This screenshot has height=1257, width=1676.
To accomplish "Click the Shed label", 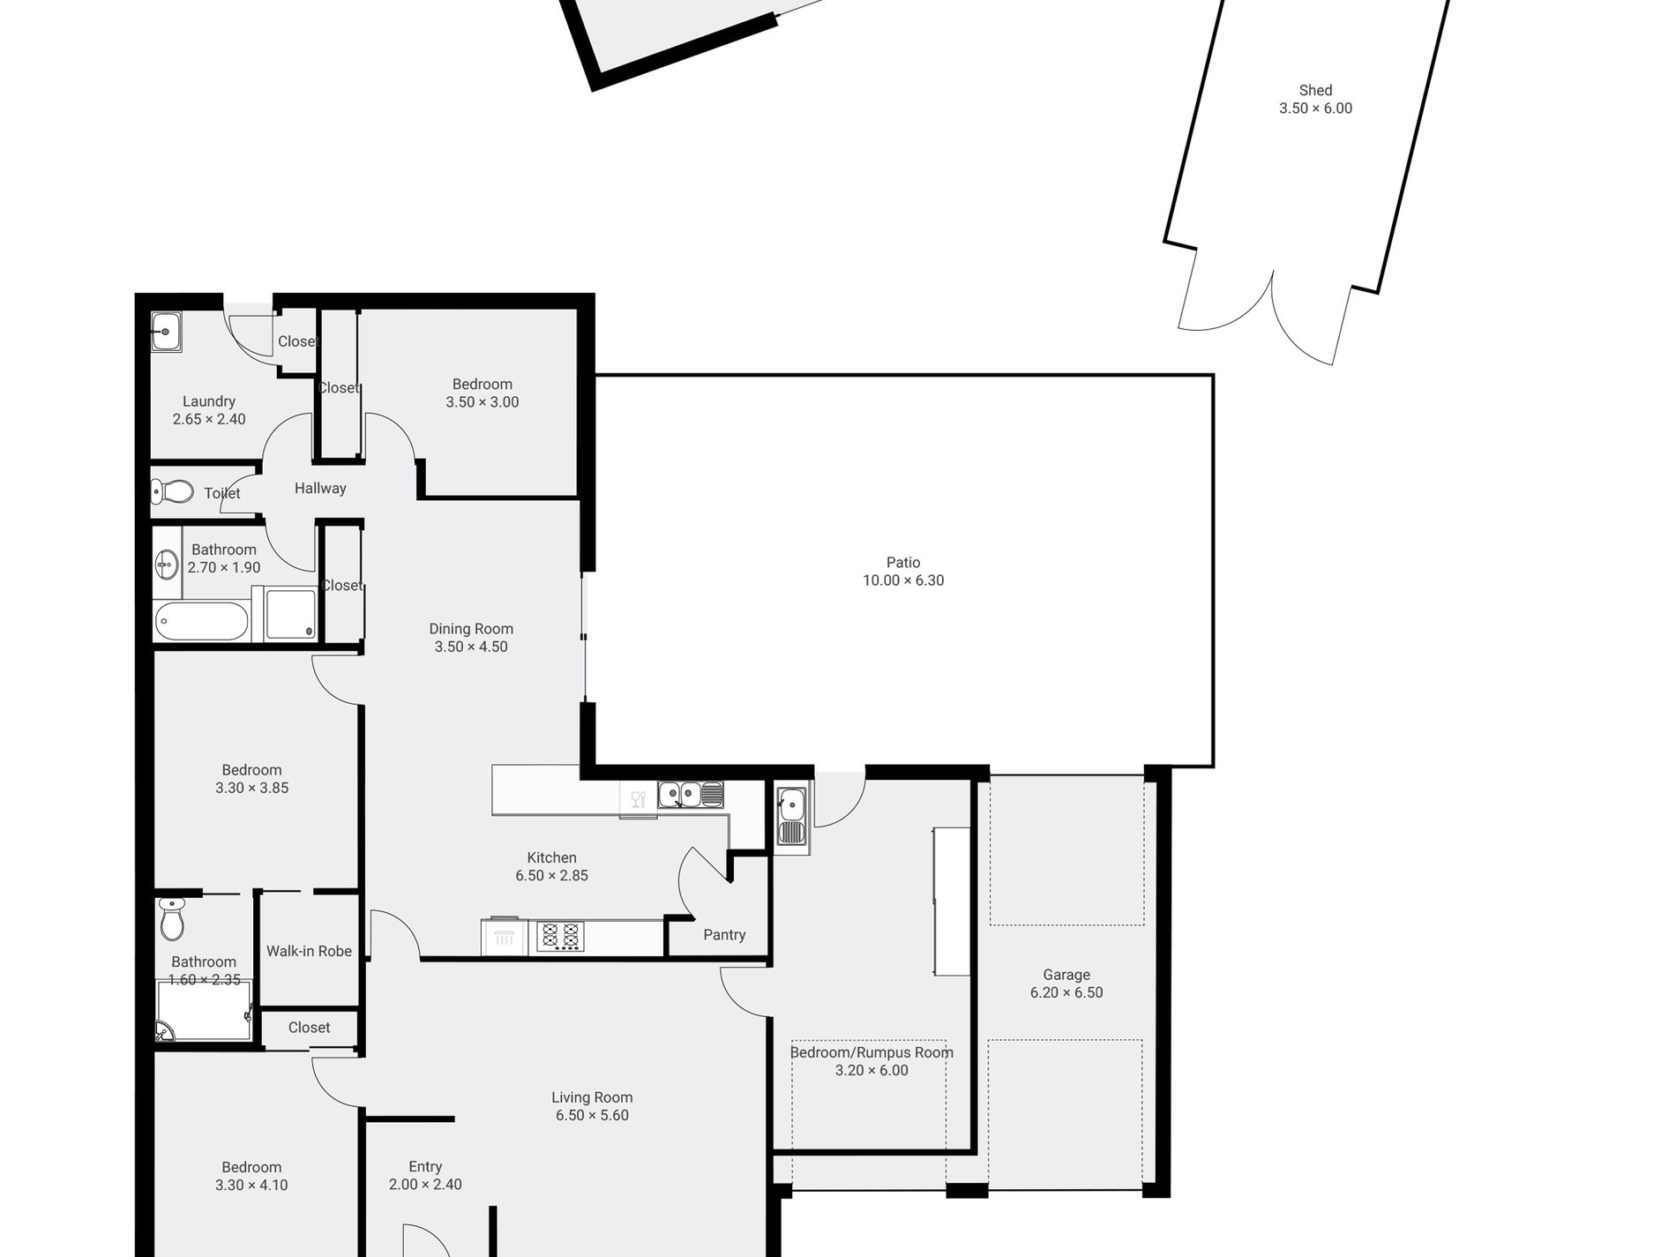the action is point(1315,90).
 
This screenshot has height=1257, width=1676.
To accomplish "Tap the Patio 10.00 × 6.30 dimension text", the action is point(903,580).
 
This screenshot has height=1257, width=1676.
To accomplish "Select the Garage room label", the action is point(1066,975).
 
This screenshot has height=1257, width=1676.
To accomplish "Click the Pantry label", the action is point(724,935).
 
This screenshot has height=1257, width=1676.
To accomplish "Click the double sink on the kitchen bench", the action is point(691,795).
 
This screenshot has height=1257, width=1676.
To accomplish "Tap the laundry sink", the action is point(166,333).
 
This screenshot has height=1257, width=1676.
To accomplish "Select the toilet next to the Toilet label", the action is point(173,490).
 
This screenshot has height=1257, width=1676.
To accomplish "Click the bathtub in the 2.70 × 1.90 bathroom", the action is point(202,622).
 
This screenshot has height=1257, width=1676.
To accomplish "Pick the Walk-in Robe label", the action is point(309,951).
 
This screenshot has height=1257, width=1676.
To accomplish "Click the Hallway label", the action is point(320,488).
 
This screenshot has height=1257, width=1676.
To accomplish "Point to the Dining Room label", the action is point(471,629).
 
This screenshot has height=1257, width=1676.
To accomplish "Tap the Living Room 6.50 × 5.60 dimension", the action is point(592,1116).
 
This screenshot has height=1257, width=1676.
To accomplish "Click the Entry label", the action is point(425,1167).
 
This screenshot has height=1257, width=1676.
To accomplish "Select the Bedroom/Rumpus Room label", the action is point(872,1052).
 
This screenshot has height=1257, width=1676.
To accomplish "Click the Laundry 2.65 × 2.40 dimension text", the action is point(209,420).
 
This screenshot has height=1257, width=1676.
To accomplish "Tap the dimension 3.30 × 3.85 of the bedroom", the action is point(252,789).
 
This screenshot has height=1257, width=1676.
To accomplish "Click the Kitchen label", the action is point(552,857).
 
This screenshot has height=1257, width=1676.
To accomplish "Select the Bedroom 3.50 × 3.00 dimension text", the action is point(483,402).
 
